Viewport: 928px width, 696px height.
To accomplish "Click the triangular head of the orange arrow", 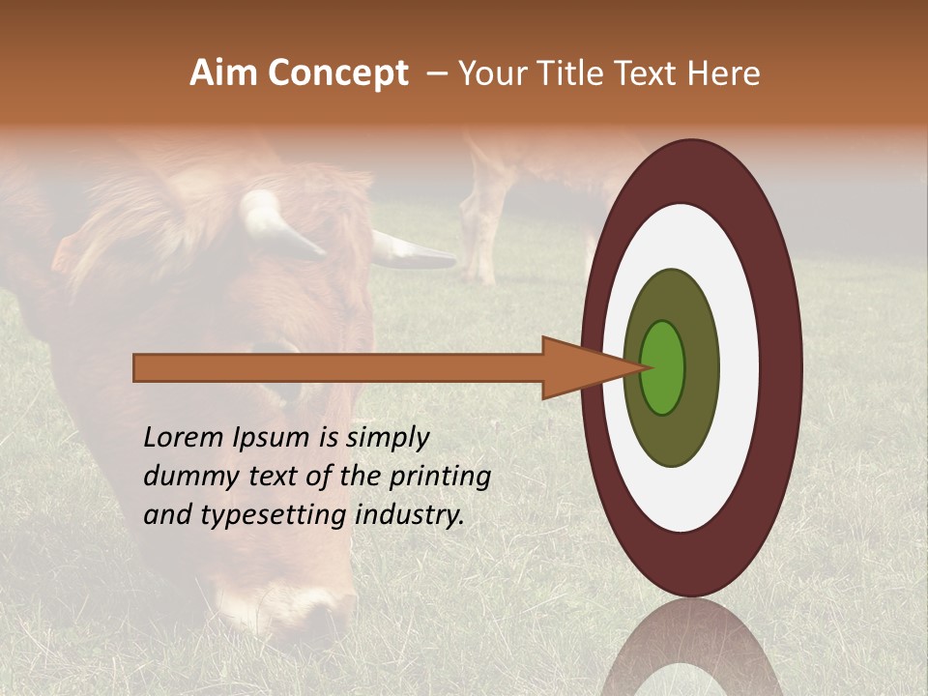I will (580, 367).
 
